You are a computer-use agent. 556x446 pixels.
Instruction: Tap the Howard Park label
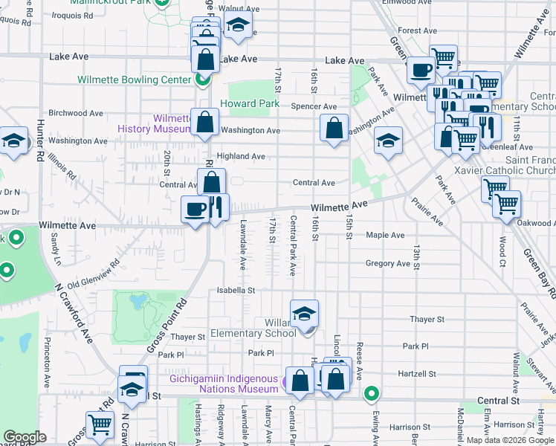250,104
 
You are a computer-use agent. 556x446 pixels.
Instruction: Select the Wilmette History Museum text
155,123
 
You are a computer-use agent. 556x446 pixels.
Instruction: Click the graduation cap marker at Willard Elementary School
304,314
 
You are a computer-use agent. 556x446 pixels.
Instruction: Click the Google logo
26,437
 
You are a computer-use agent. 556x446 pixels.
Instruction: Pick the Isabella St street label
236,290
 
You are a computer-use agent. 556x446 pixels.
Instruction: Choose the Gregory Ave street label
388,263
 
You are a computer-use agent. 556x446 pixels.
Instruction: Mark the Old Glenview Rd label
94,274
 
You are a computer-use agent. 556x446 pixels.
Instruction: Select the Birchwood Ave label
75,113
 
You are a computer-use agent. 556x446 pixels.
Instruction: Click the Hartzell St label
417,374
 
